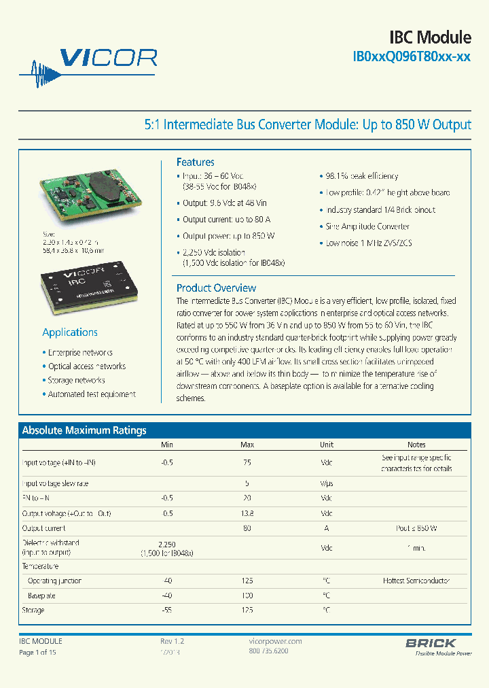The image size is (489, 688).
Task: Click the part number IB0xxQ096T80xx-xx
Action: click(412, 58)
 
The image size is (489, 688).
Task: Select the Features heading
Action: click(196, 162)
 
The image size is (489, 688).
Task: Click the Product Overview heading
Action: click(216, 288)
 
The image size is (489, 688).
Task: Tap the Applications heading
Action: click(70, 332)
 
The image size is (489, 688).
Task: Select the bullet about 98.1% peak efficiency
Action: click(361, 176)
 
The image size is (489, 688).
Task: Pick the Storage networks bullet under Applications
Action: click(76, 381)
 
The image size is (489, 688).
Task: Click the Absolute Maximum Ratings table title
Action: click(84, 430)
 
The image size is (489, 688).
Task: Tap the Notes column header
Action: click(416, 445)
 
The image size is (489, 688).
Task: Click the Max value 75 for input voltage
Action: click(247, 462)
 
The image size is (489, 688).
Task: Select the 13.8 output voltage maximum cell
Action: click(247, 513)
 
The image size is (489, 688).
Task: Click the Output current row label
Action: click(44, 528)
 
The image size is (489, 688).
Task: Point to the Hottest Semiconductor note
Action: click(416, 581)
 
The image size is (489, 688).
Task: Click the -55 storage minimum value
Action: click(167, 610)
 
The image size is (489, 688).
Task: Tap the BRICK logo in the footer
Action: click(431, 642)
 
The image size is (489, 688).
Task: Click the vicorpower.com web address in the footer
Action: click(272, 641)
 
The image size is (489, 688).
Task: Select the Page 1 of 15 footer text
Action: click(37, 653)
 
